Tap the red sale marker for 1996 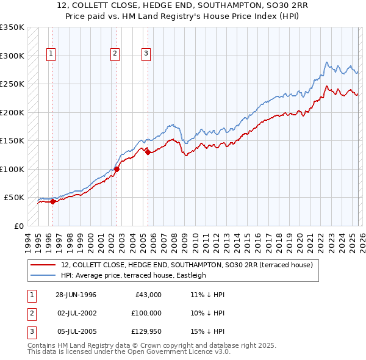(x=52, y=201)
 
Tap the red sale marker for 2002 (x=117, y=169)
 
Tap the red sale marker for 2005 (x=147, y=152)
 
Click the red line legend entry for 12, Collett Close (x=187, y=265)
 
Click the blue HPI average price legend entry (x=134, y=275)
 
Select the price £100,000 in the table (x=146, y=313)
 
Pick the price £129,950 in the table (x=146, y=331)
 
